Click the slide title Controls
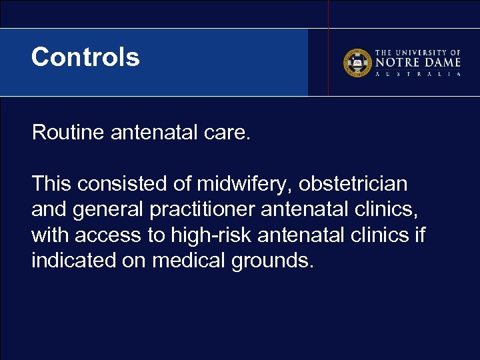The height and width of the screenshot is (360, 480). click(85, 57)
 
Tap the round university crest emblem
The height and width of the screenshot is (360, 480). click(357, 63)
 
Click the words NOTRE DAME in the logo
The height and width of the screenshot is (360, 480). click(418, 63)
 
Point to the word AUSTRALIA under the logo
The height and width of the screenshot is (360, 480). click(418, 74)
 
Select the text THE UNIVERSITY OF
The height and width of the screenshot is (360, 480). click(418, 52)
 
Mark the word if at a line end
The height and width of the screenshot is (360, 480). click(419, 235)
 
